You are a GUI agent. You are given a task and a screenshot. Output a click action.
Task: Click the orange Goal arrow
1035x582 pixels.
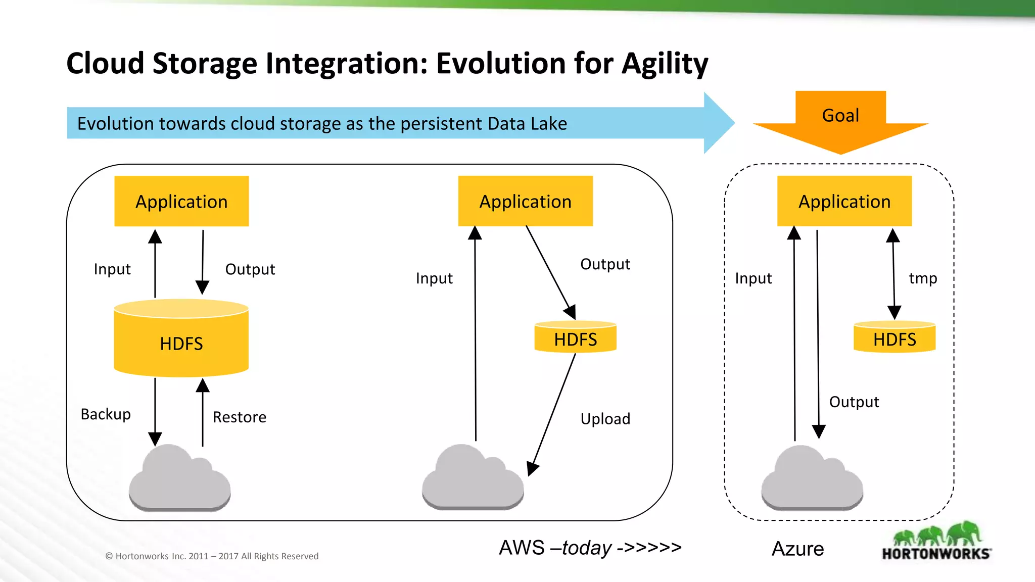pos(840,121)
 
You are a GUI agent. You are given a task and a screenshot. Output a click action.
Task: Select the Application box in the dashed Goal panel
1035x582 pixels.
pos(844,201)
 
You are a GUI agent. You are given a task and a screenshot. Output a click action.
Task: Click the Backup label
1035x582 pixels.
pos(106,414)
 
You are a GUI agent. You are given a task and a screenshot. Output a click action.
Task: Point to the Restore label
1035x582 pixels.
pos(239,417)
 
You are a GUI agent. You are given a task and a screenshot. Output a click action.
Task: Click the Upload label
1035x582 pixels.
pos(605,419)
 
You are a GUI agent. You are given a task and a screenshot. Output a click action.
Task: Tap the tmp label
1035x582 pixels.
pos(923,278)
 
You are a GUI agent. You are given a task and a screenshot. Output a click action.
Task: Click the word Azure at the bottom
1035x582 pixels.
pos(797,549)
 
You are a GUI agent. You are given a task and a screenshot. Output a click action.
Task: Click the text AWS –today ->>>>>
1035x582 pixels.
pos(590,548)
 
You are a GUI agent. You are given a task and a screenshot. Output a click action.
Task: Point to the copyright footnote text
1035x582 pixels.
pos(212,556)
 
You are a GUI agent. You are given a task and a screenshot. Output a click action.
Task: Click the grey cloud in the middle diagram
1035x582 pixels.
pos(473,480)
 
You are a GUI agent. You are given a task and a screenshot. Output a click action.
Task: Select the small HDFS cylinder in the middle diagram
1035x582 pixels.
pos(575,337)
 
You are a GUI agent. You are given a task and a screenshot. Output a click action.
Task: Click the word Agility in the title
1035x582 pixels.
pos(665,64)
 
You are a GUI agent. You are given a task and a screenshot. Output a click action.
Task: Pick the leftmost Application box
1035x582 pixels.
pos(181,201)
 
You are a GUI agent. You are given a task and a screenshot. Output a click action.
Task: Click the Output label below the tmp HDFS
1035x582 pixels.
pos(854,402)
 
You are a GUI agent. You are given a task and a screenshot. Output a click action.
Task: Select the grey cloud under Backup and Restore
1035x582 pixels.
pos(179,480)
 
